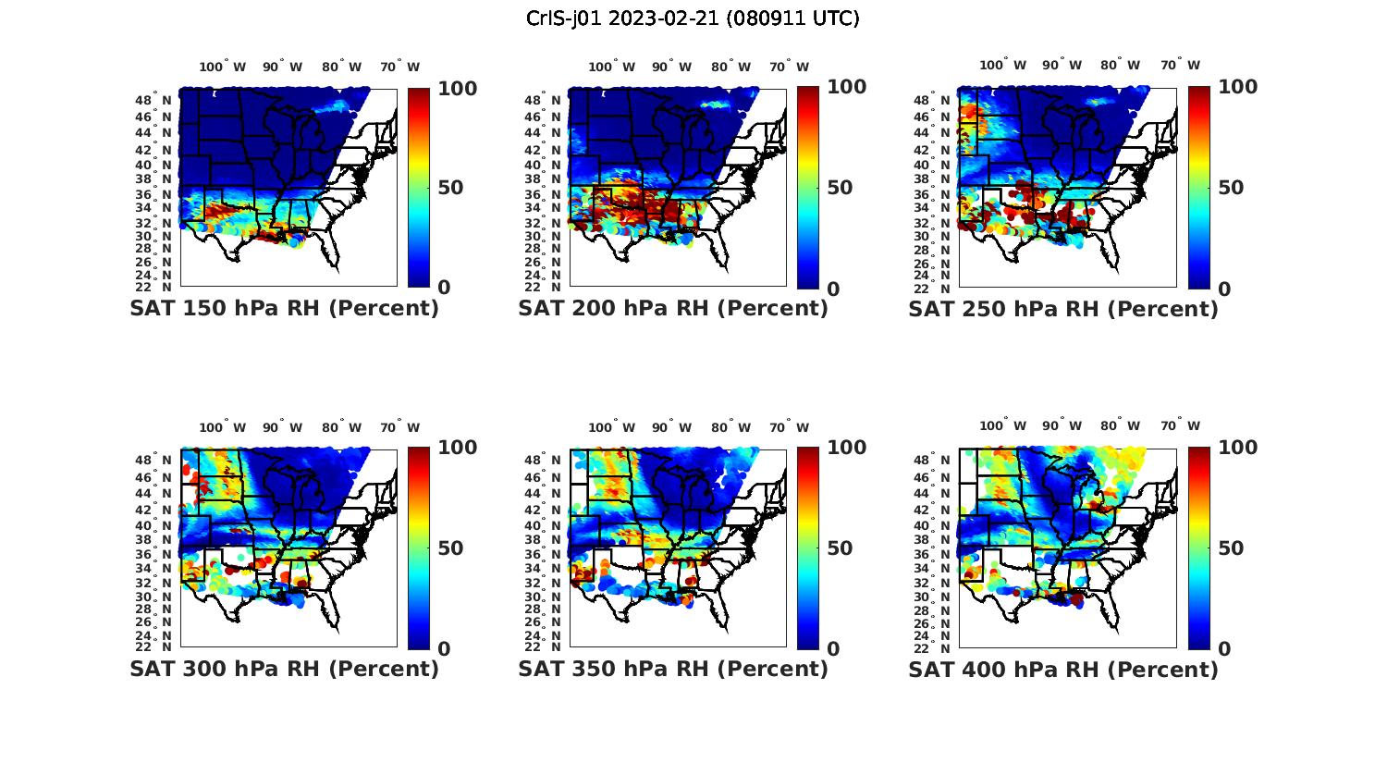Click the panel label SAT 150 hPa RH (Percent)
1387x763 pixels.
click(284, 308)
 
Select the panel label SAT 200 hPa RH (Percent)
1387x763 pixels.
click(673, 308)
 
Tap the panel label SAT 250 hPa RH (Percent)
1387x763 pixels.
click(1063, 309)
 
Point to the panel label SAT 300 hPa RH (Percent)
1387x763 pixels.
click(284, 668)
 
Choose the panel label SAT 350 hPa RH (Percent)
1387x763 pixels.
click(673, 668)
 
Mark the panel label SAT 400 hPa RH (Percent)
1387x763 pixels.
click(1063, 669)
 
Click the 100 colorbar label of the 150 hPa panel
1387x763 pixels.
click(457, 89)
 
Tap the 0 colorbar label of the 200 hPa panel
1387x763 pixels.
click(834, 289)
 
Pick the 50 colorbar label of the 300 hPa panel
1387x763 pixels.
click(450, 548)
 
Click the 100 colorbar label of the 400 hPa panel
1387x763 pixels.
click(1238, 448)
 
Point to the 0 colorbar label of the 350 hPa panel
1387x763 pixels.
click(834, 649)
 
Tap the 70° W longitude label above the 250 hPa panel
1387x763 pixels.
click(1180, 65)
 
